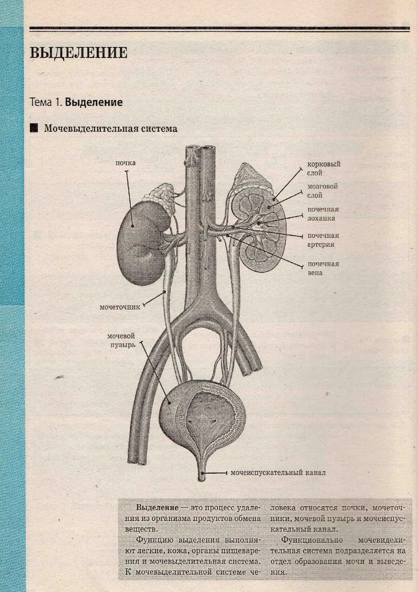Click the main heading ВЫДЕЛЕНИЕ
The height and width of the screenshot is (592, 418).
(x=78, y=53)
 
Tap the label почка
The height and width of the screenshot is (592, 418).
(x=125, y=163)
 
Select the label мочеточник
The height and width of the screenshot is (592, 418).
(x=120, y=307)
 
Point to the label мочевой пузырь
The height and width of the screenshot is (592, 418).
(x=121, y=340)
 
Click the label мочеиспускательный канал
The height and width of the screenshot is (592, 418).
(x=278, y=473)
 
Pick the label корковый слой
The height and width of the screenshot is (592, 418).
(x=324, y=168)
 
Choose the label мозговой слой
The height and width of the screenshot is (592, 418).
(x=322, y=191)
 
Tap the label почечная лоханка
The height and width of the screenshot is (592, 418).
(x=323, y=214)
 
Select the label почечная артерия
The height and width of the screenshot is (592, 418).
(x=323, y=240)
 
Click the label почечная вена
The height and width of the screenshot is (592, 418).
(x=323, y=268)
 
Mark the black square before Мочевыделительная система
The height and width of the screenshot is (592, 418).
(x=34, y=128)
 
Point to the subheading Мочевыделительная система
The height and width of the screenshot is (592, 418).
(x=111, y=129)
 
